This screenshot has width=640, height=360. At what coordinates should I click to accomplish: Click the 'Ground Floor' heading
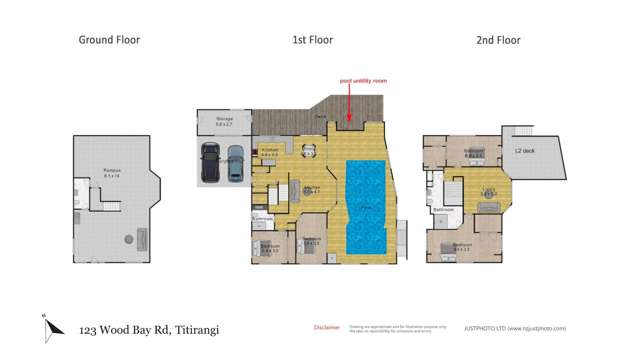click(x=109, y=40)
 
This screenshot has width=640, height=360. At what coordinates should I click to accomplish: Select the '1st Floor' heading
click(x=312, y=40)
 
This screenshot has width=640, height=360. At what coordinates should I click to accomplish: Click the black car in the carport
click(x=211, y=162)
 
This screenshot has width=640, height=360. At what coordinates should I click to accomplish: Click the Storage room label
click(x=225, y=120)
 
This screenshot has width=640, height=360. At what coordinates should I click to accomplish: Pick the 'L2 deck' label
click(x=522, y=151)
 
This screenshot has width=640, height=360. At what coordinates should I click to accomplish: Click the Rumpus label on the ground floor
click(x=111, y=171)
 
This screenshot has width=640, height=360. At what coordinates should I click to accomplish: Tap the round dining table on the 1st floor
click(x=308, y=152)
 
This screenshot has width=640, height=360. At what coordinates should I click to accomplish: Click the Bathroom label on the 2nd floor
click(x=443, y=209)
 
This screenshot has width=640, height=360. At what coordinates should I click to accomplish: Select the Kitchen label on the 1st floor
click(x=311, y=188)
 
